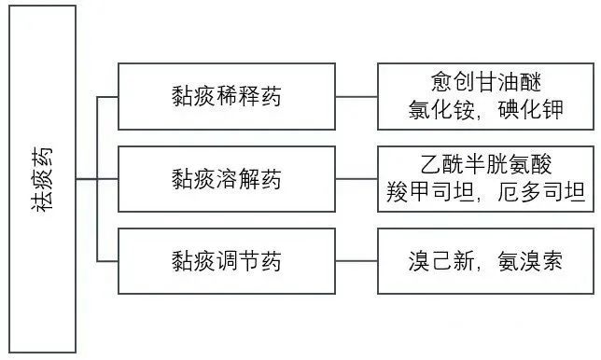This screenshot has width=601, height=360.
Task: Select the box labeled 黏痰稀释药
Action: tap(227, 95)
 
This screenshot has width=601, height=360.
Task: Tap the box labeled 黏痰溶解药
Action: tap(227, 178)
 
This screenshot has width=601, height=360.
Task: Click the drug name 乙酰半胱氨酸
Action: tap(485, 164)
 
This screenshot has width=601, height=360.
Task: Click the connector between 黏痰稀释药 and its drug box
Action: tap(356, 95)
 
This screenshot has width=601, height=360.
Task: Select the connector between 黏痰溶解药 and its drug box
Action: tap(356, 178)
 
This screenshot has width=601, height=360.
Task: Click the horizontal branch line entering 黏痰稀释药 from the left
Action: tap(107, 95)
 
